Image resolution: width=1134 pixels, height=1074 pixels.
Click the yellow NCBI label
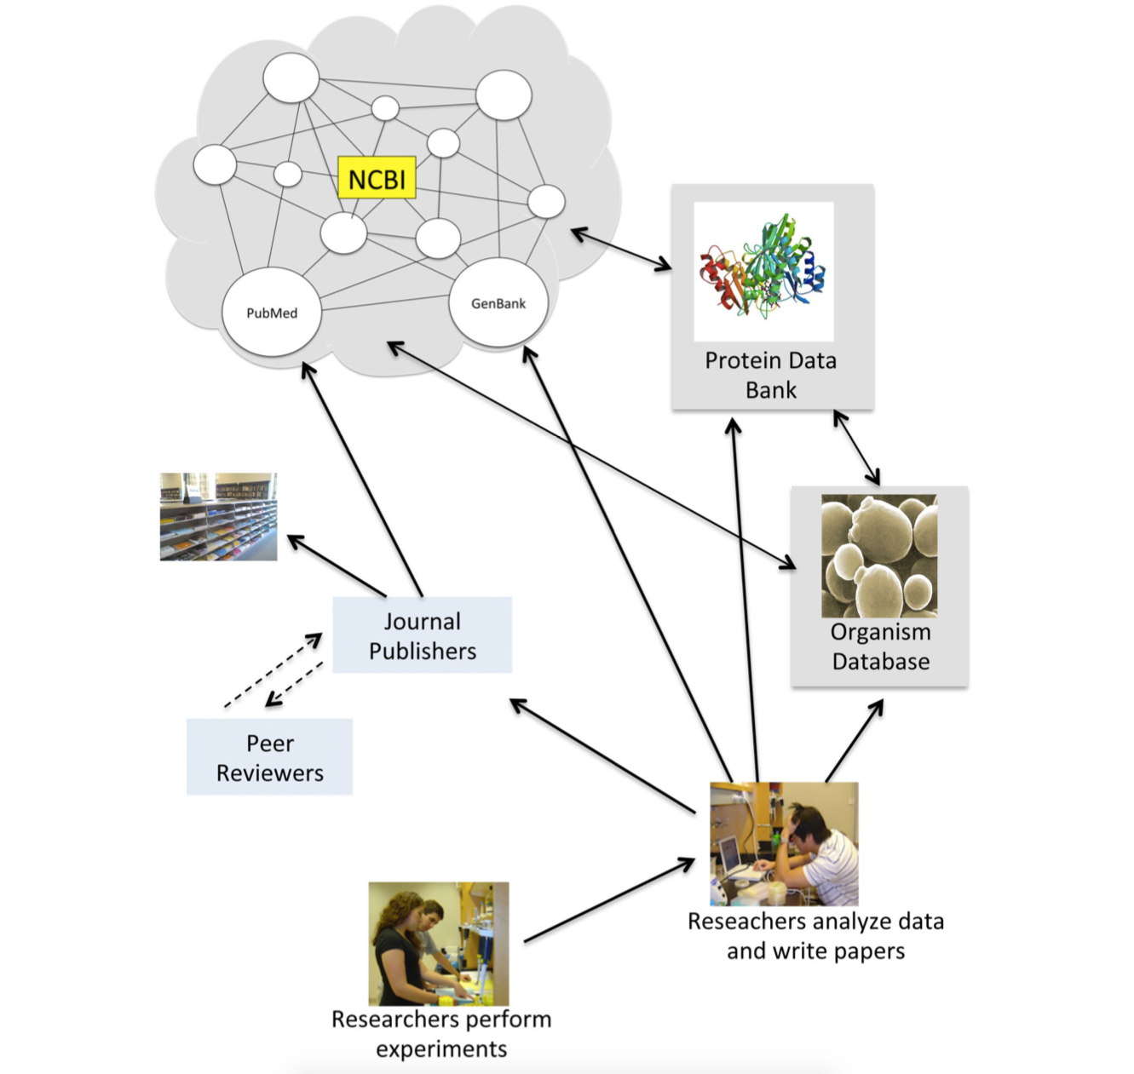377,178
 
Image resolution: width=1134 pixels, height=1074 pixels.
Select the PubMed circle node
272,313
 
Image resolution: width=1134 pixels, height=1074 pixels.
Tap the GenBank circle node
498,303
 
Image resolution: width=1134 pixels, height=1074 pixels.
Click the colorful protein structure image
763,271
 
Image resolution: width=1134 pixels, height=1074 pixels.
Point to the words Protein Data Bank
771,375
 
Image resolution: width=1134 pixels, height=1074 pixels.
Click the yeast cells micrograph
878,555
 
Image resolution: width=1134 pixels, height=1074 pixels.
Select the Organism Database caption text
881,646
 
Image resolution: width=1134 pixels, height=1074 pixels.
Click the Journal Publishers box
422,635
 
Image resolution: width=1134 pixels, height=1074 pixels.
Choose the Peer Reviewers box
269,757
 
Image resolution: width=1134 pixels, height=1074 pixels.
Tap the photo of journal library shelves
218,517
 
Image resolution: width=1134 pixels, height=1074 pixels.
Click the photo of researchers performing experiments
438,943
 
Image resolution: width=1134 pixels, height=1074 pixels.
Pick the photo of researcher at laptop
784,843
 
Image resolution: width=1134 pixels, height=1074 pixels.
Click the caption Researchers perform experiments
441,1034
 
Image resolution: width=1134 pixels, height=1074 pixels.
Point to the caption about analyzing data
815,936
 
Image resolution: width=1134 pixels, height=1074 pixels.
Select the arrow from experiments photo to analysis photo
609,901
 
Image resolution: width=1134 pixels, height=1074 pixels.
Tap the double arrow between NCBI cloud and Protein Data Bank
621,249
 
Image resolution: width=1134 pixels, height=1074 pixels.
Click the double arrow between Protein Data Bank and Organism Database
856,447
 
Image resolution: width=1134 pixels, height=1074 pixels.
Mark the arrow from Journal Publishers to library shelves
337,566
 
